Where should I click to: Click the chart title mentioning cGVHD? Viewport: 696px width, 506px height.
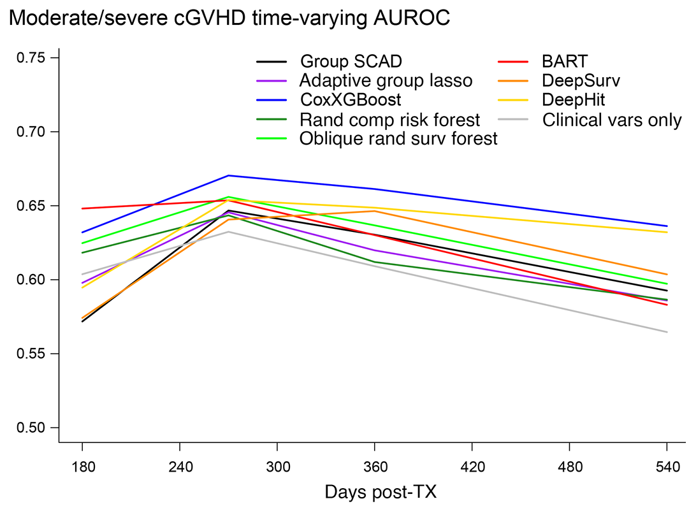click(x=229, y=18)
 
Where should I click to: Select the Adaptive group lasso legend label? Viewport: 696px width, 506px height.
click(x=386, y=81)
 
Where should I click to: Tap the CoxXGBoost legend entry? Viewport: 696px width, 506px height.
click(x=351, y=100)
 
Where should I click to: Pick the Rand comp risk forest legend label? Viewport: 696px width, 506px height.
click(x=389, y=119)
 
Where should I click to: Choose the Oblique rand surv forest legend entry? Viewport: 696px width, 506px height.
click(x=398, y=138)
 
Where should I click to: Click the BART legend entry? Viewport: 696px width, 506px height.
click(x=565, y=62)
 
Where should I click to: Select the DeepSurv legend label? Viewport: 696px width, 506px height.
click(x=581, y=81)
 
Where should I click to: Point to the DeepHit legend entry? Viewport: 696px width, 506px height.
click(x=573, y=100)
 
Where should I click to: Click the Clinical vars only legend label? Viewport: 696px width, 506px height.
click(x=612, y=119)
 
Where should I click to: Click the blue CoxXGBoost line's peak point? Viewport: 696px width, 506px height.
click(x=228, y=175)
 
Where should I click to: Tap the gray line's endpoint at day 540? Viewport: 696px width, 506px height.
click(x=667, y=332)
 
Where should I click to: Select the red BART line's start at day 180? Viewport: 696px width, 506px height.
click(x=82, y=208)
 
